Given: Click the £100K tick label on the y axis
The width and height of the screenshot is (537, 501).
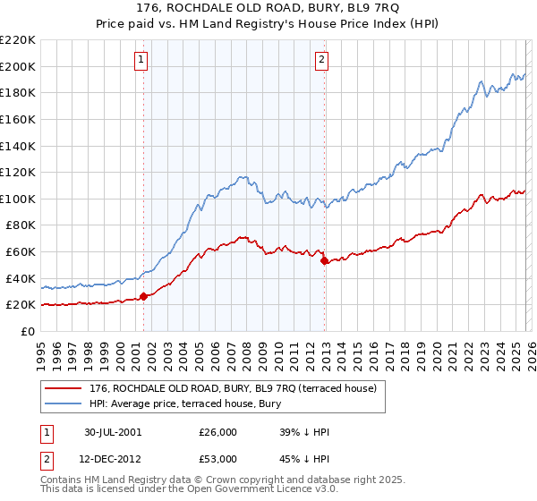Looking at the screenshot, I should click(17, 199).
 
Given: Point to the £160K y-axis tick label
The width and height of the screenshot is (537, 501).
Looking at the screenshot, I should click(17, 119).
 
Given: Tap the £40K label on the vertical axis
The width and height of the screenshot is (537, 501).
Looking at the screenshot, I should click(21, 278).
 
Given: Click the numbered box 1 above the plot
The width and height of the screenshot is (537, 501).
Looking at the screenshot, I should click(141, 60).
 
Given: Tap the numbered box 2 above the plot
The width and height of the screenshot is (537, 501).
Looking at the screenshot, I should click(321, 60).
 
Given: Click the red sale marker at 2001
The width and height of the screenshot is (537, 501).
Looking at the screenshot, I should click(144, 297).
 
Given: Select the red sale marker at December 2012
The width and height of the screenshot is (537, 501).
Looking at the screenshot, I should click(324, 261).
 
